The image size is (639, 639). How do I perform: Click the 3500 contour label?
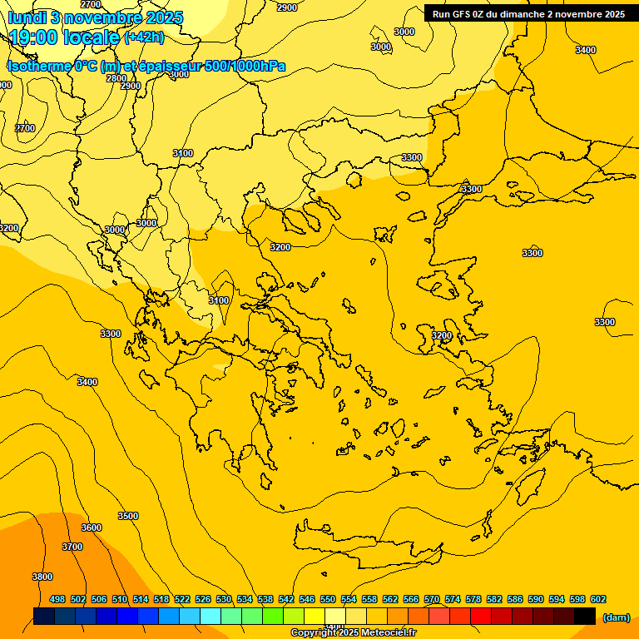(128, 516)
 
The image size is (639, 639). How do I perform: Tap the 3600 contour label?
(92, 528)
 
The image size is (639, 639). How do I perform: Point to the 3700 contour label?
(72, 547)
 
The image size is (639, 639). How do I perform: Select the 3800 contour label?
(42, 577)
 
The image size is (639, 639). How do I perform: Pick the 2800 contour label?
(116, 78)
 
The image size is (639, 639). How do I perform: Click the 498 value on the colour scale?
(57, 599)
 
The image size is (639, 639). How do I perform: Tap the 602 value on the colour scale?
(598, 599)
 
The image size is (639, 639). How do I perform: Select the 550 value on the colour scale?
(328, 599)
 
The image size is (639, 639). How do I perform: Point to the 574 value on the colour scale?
(453, 599)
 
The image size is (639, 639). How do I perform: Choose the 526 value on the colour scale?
(203, 599)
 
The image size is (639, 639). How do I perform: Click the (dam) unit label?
(616, 617)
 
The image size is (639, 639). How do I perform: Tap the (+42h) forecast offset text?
(144, 37)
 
